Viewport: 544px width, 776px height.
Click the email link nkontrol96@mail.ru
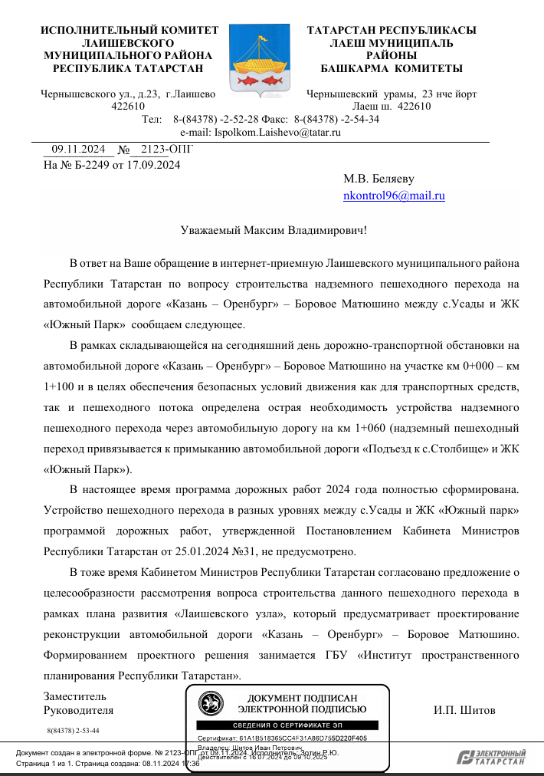click(x=394, y=196)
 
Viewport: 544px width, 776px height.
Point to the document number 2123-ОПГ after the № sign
click(x=162, y=150)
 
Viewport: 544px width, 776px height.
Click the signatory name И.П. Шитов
click(x=464, y=709)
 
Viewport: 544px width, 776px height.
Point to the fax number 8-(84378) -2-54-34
click(x=336, y=119)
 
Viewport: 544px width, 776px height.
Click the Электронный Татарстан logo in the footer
click(x=491, y=758)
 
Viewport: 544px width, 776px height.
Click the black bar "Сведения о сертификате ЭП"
click(x=287, y=725)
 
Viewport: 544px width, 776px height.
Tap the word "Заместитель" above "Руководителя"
click(x=75, y=696)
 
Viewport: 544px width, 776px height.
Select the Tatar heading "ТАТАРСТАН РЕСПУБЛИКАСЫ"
click(x=392, y=31)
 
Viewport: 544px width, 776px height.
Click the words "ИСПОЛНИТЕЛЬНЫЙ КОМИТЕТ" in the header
click(x=129, y=31)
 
